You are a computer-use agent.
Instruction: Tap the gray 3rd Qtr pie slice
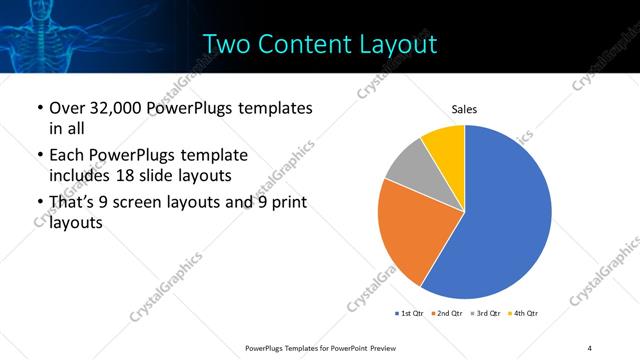click(x=409, y=166)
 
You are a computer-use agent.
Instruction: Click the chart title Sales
click(x=464, y=109)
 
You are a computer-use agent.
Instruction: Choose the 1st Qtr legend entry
click(x=411, y=314)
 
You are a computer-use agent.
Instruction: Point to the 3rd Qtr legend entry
click(x=487, y=314)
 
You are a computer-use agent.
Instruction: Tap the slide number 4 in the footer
click(x=590, y=347)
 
